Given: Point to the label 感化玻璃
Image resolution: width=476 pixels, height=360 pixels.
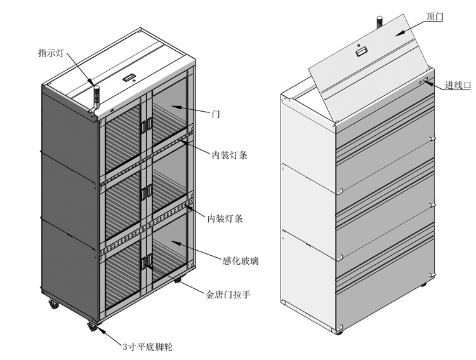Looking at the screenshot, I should tap(239, 260).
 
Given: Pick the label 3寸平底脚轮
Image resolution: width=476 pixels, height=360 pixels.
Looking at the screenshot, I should tap(147, 347).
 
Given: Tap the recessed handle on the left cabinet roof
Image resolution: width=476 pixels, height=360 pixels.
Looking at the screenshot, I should tap(130, 78).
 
